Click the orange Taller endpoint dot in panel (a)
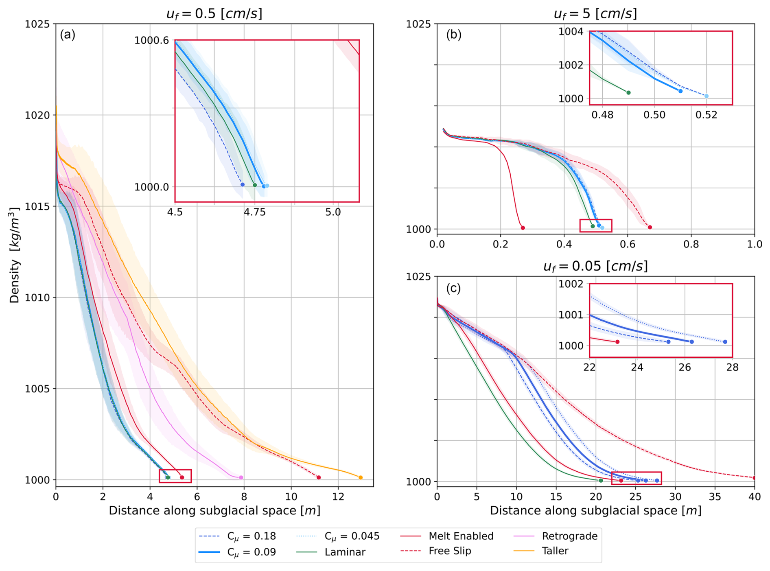coord(361,477)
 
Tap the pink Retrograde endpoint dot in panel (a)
coord(241,477)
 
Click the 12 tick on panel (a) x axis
coord(338,497)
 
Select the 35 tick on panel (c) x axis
coord(715,497)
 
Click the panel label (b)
coord(454,35)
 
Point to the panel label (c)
coord(453,288)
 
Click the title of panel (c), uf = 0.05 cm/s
coord(595,266)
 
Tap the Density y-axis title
coord(15,255)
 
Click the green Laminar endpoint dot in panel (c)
coord(601,481)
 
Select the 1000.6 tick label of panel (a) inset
coord(151,40)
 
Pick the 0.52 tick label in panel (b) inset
coord(706,115)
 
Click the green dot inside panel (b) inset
coord(628,93)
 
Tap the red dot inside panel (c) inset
coord(617,342)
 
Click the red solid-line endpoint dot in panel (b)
coord(523,228)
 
